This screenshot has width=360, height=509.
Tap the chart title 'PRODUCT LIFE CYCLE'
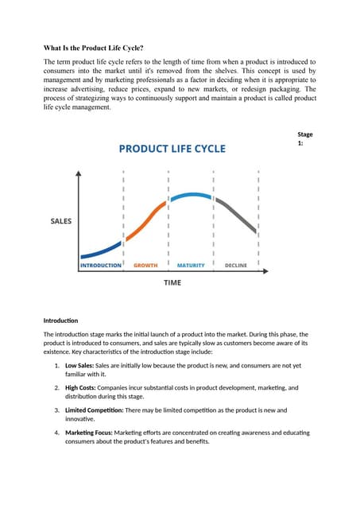[172, 148]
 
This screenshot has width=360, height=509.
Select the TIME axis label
[172, 282]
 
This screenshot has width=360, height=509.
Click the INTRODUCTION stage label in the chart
[101, 265]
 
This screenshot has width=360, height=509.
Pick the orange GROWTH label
[145, 265]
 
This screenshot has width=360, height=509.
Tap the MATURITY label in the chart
[191, 265]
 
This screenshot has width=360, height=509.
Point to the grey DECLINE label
[236, 265]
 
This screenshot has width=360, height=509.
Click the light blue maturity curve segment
[191, 196]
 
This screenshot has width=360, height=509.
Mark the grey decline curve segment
[238, 215]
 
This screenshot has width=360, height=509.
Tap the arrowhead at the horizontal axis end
[271, 272]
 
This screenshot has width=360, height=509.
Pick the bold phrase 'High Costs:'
[85, 388]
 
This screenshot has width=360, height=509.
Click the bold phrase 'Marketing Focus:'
[89, 433]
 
